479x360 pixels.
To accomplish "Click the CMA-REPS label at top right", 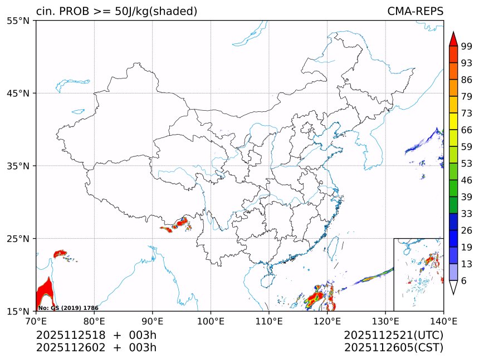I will tap(415, 11).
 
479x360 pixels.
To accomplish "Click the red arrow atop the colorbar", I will tap(453, 39).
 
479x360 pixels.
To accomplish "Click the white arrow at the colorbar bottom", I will tap(453, 287).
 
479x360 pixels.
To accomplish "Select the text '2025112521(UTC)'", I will tap(393, 335).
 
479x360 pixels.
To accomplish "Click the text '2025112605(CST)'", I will tap(393, 348).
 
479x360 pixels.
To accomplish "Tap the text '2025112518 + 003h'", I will tap(96, 335).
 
